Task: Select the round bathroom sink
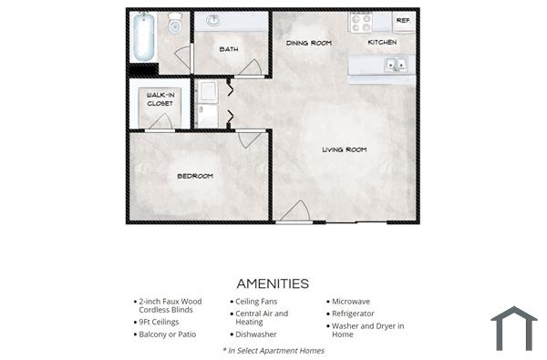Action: point(214,20)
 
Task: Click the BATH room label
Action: point(228,49)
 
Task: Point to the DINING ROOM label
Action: point(308,43)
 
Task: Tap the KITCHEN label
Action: point(382,43)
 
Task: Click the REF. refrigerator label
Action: point(402,20)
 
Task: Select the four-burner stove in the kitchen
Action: point(361,21)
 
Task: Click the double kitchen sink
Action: point(396,65)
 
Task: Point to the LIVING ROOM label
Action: point(344,149)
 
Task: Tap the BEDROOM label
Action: point(194,176)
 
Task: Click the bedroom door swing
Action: point(249,139)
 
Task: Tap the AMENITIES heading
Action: point(273,283)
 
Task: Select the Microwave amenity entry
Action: point(352,301)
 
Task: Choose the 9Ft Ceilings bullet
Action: point(159,322)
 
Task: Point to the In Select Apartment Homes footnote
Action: point(273,350)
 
